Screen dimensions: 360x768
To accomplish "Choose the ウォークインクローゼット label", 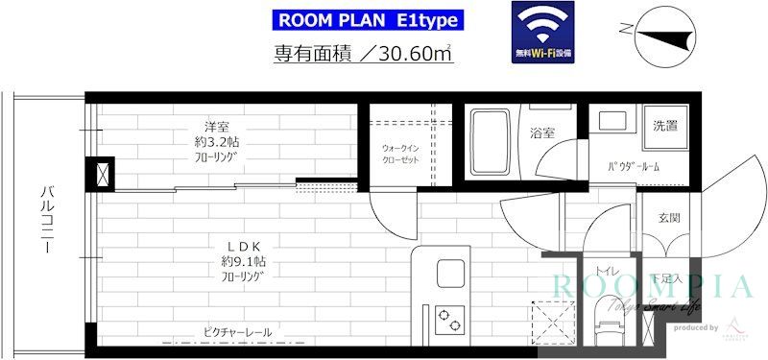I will point(403,155).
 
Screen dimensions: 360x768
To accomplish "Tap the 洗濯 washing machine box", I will point(665,127).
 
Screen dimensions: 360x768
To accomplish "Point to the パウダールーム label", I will point(633,167).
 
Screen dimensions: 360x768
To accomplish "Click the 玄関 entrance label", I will point(669,218).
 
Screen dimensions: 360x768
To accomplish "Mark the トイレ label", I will point(607,271).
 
